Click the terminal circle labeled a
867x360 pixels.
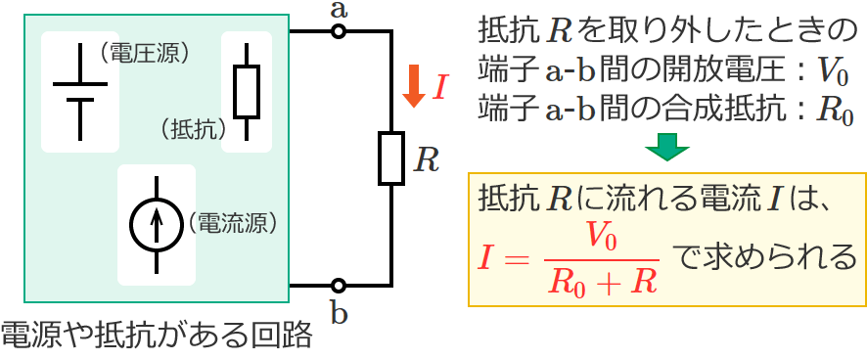[338, 31]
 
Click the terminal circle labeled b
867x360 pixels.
[338, 286]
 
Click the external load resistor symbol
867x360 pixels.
[391, 158]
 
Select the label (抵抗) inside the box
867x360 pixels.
[192, 128]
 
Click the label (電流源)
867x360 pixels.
[231, 222]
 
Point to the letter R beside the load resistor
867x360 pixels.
[426, 159]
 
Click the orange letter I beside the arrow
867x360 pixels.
[439, 88]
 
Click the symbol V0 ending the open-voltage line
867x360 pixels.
[831, 71]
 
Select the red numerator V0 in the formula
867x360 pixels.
[598, 237]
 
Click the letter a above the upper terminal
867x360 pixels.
[339, 10]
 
